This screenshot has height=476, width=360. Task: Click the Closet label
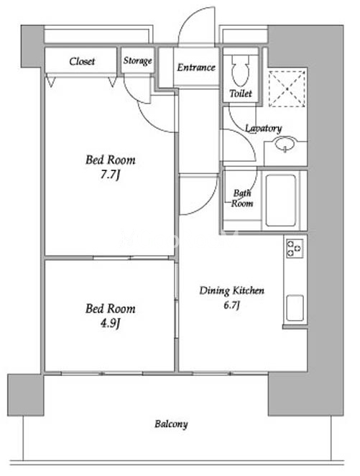(x=82, y=61)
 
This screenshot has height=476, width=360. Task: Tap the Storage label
(x=137, y=60)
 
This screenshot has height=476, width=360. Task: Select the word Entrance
(x=196, y=67)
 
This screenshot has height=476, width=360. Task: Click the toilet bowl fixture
(x=241, y=70)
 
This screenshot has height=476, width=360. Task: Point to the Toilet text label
(x=241, y=93)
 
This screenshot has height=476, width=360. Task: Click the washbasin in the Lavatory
(x=285, y=144)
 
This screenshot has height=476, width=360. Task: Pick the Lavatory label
(x=263, y=129)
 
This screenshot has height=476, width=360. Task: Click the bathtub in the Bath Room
(x=281, y=200)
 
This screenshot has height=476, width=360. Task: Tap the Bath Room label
(x=242, y=198)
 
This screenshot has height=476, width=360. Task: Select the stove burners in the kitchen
(x=295, y=248)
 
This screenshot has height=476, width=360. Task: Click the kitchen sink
(x=295, y=308)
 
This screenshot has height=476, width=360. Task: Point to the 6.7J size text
(x=232, y=305)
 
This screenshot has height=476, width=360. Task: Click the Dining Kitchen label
(x=231, y=290)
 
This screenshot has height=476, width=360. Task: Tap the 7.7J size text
(x=111, y=175)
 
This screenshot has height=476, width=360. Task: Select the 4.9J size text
(x=111, y=324)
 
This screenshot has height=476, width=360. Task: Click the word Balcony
(x=171, y=424)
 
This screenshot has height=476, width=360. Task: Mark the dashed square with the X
(x=287, y=88)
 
